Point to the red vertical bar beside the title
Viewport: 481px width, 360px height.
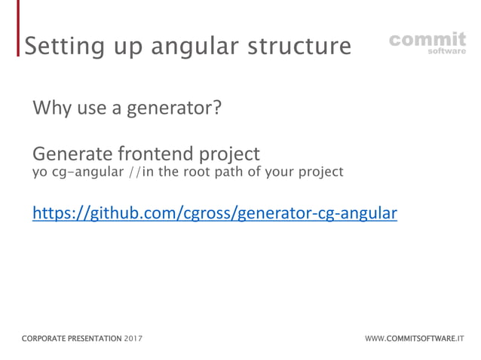tap(19, 30)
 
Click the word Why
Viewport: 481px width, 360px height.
tap(52, 108)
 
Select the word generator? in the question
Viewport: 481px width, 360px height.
tap(178, 109)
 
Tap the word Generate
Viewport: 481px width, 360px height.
tap(70, 154)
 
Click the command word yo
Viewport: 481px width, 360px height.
tap(38, 172)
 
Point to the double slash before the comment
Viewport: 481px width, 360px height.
tap(133, 172)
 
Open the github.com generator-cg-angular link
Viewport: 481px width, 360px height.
tap(214, 214)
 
